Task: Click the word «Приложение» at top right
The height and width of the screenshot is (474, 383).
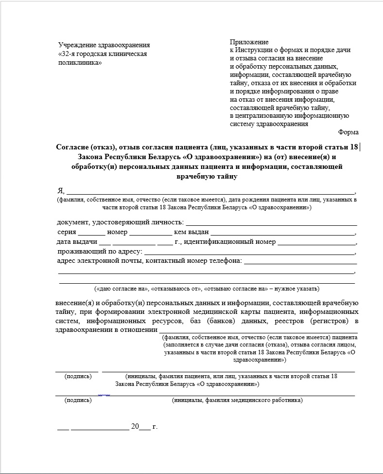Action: click(x=249, y=42)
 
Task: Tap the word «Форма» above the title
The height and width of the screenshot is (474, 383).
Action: click(x=348, y=132)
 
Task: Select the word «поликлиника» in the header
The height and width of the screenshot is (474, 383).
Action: click(x=80, y=62)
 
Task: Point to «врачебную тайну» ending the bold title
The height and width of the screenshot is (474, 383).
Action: click(x=208, y=176)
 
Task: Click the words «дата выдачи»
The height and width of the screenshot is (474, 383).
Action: click(x=77, y=242)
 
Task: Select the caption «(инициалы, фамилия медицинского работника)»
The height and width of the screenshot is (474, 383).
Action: click(x=237, y=401)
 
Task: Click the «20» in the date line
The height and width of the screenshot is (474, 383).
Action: click(x=135, y=427)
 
